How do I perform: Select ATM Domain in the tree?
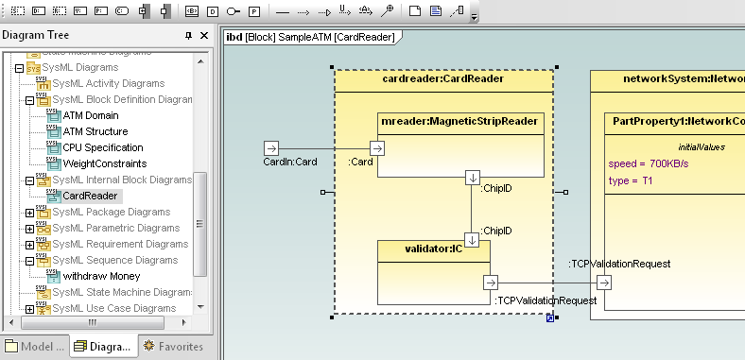[90, 115]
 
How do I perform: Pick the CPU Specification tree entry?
[103, 147]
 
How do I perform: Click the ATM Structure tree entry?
[95, 131]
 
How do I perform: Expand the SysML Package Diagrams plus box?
[29, 213]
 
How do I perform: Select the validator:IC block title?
[433, 249]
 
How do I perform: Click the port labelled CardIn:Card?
[270, 148]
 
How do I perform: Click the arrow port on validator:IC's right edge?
[491, 282]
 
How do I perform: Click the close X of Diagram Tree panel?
[201, 35]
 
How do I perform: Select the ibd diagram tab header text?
[311, 37]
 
